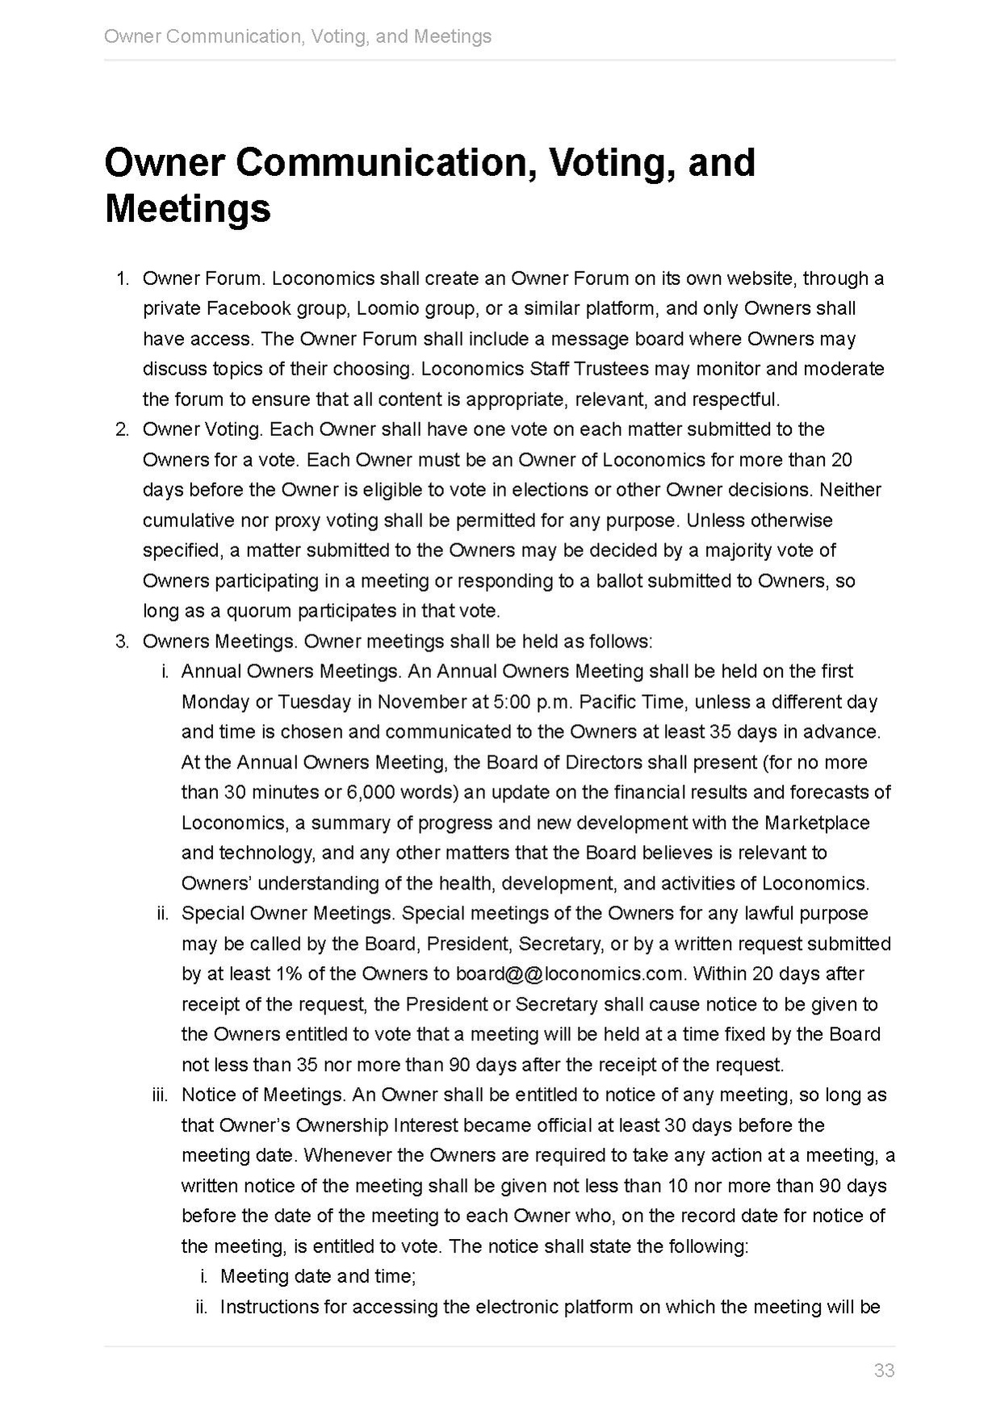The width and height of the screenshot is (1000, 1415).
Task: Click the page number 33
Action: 884,1370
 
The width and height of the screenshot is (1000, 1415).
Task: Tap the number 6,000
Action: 370,792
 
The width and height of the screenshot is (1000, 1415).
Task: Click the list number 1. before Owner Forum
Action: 123,278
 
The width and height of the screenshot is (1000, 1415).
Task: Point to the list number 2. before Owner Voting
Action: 123,429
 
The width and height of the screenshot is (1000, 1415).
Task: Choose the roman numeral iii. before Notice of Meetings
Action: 160,1095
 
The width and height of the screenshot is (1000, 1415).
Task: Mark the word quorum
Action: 259,611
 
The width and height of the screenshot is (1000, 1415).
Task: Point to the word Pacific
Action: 608,701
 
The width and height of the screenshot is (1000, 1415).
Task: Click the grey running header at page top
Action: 298,36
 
